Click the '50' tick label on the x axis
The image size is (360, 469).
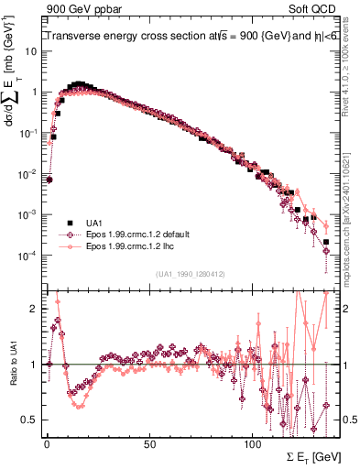click(148, 441)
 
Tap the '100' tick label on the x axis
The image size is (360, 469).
click(252, 441)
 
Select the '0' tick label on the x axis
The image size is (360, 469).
click(46, 441)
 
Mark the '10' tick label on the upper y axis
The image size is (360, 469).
click(31, 51)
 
